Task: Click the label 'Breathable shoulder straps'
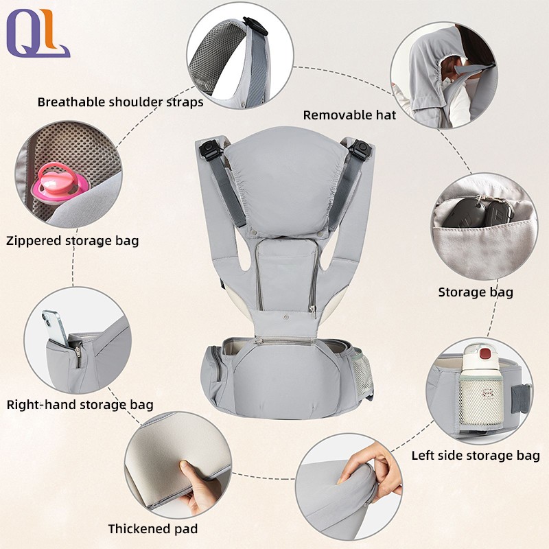[x=120, y=102]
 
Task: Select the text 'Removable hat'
[x=349, y=115]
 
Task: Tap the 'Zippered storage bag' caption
[x=72, y=241]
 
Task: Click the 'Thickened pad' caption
[x=152, y=528]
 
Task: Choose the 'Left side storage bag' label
[x=475, y=455]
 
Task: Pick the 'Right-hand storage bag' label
[x=80, y=404]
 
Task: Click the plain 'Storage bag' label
[x=476, y=292]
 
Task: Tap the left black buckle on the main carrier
[x=209, y=148]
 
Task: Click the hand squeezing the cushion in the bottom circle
[x=371, y=467]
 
